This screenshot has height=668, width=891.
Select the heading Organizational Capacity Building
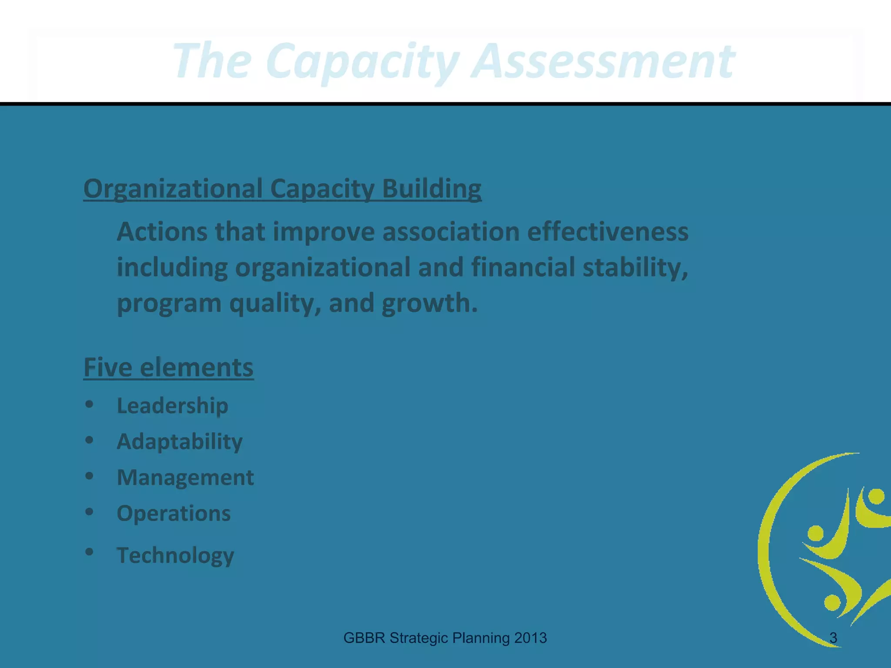click(x=282, y=189)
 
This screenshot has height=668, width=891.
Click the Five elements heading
click(x=168, y=367)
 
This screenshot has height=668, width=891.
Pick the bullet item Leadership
click(x=172, y=406)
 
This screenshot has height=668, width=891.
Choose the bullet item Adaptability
click(x=179, y=441)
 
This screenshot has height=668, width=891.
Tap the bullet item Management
click(x=185, y=478)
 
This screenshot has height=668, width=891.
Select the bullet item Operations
click(x=174, y=513)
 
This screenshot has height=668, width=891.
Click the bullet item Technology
click(x=175, y=555)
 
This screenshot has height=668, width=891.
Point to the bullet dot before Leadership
click(x=89, y=404)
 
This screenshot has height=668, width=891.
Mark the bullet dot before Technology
click(x=89, y=552)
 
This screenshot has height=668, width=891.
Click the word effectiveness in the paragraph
click(x=608, y=231)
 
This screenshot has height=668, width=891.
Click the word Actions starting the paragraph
click(x=162, y=231)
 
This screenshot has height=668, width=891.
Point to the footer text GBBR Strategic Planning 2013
click(x=445, y=638)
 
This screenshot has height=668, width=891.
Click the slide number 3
click(x=833, y=638)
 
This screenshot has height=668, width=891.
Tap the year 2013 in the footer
click(x=530, y=638)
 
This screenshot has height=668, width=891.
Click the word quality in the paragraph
click(x=275, y=303)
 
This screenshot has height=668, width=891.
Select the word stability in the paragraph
click(x=635, y=267)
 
